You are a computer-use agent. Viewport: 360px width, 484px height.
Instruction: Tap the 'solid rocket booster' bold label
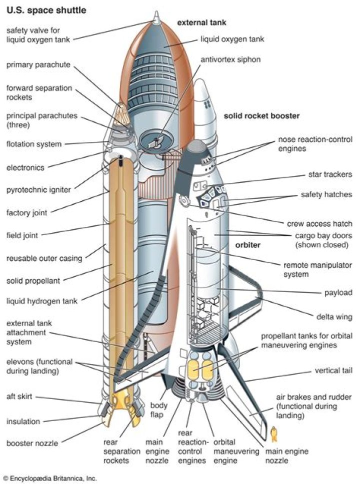261,116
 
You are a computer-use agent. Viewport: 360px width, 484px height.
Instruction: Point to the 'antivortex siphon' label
230,59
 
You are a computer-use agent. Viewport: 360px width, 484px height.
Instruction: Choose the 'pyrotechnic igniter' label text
38,190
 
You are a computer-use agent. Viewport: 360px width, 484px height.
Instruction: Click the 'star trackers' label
330,175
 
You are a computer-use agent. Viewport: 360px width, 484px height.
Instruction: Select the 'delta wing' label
333,316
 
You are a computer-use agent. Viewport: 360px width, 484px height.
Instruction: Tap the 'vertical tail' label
333,371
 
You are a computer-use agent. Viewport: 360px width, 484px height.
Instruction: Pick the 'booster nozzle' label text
32,443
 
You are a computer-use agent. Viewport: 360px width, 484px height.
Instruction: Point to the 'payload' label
338,293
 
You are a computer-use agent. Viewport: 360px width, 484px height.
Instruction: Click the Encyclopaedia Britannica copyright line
49,478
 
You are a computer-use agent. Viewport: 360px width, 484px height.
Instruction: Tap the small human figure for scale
274,433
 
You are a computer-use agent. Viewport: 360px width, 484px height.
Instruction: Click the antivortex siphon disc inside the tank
155,139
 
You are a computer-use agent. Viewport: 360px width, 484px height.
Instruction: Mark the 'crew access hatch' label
319,224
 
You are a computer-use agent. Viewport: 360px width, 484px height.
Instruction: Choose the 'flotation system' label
34,144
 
